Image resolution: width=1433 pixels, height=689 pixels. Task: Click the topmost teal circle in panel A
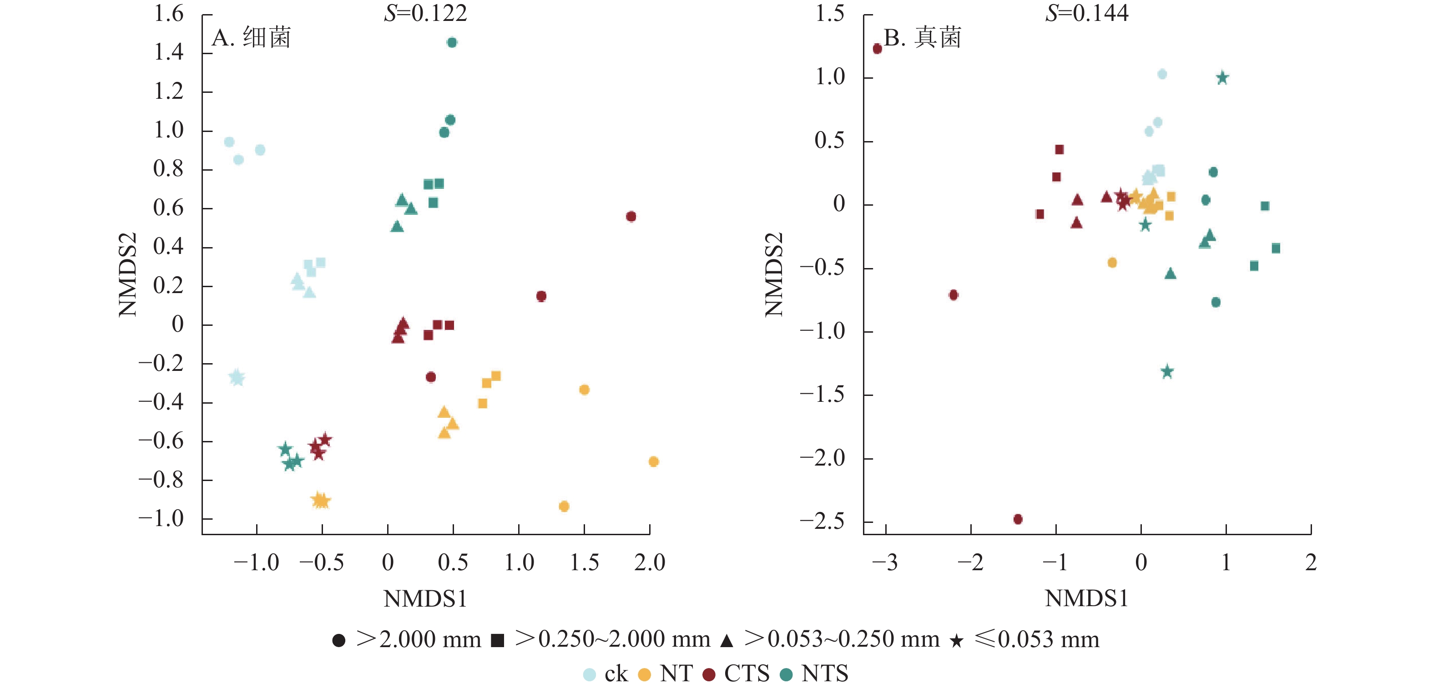[452, 42]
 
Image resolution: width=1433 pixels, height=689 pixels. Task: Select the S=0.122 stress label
[425, 13]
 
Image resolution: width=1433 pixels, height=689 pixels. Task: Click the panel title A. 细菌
[252, 38]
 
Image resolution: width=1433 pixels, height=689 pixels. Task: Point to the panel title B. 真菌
[922, 38]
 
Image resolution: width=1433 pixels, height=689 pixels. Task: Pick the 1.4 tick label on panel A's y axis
[169, 52]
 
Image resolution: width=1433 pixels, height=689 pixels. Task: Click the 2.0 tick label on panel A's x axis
[649, 562]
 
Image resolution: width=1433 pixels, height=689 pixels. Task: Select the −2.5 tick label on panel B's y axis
[822, 522]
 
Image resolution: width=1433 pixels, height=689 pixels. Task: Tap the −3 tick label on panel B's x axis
[884, 562]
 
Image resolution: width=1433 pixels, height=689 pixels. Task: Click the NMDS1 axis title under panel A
[425, 599]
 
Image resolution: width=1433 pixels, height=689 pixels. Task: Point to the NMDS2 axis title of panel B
[774, 274]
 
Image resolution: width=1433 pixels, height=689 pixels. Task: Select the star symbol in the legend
[956, 641]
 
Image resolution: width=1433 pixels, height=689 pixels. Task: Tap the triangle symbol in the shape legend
[726, 641]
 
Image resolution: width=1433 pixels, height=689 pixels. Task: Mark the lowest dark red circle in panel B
[1018, 519]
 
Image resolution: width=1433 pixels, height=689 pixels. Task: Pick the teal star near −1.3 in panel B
[1167, 372]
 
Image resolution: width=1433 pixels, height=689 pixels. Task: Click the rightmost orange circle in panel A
[654, 461]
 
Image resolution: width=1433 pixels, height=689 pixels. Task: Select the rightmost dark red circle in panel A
[631, 217]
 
